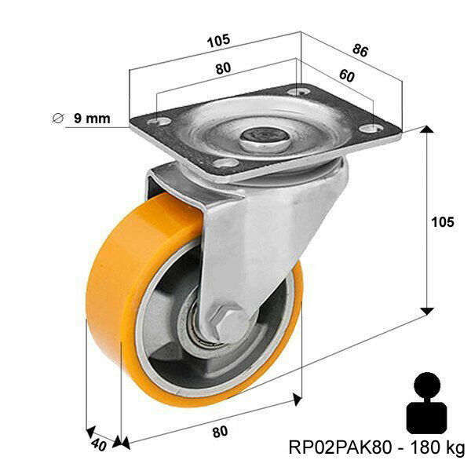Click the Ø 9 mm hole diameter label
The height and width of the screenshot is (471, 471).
pos(82,119)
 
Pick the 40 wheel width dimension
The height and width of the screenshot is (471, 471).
pos(97,444)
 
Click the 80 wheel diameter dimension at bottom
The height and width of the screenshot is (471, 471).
pos(220,431)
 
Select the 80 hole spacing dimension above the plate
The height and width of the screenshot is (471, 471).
pos(223,68)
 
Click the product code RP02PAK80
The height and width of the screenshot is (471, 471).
pos(338,447)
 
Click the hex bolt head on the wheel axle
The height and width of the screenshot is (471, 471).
pos(220,320)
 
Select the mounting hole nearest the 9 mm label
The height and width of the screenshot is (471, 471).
pos(158,122)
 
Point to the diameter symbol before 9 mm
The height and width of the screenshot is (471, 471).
pos(57,119)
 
